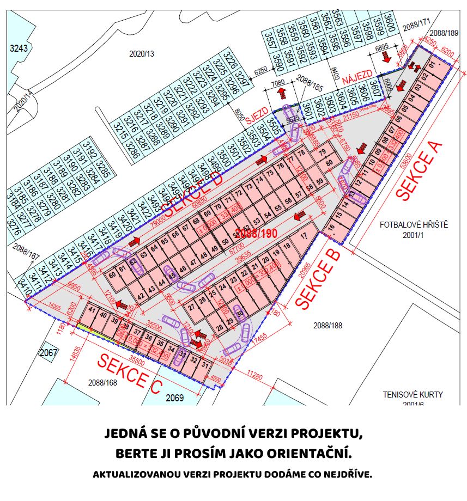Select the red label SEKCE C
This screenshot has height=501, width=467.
point(130,373)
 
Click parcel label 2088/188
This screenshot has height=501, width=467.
point(326,326)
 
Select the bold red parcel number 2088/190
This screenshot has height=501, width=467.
point(258,234)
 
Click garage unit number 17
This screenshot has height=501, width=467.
point(304,236)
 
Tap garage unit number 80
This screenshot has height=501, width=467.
point(329,163)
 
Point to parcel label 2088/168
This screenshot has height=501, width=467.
point(102,383)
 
